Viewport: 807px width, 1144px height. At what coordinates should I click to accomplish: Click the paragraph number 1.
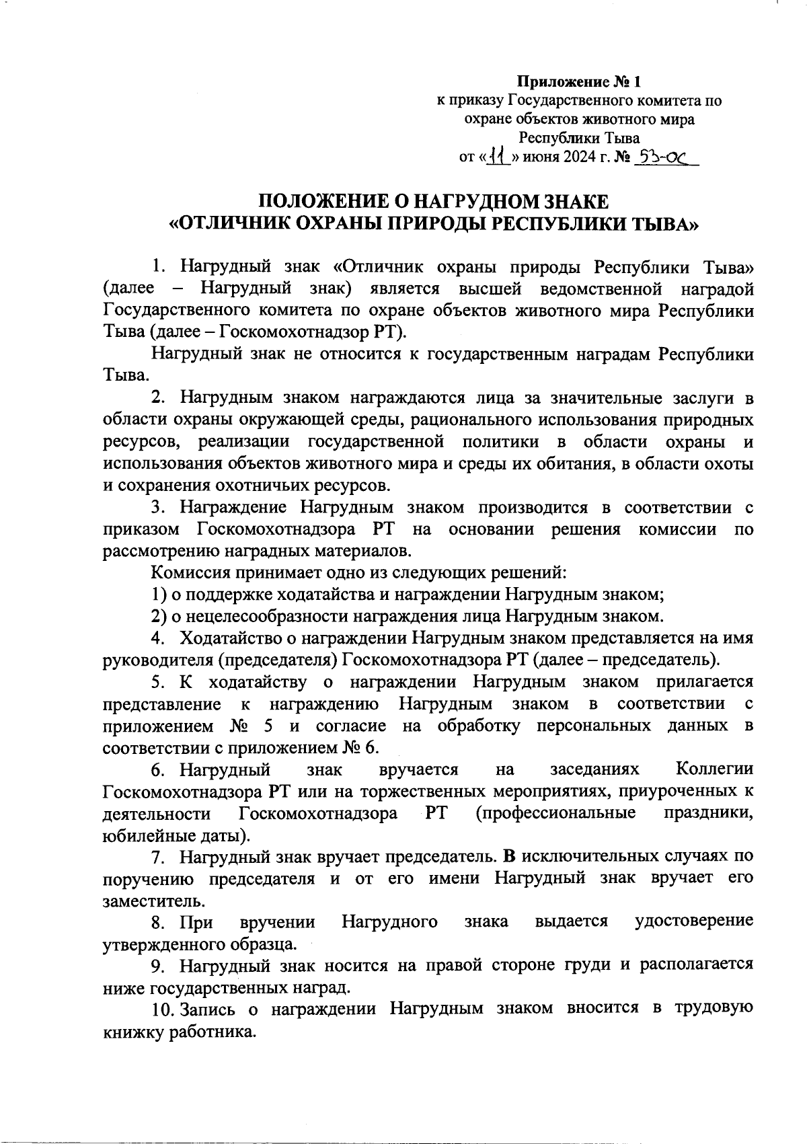click(157, 267)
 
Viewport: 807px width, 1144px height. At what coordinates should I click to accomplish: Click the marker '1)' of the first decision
click(159, 595)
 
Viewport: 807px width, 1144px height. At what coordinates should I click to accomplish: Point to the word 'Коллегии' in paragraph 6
click(714, 769)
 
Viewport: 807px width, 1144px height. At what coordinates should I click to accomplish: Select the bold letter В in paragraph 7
click(509, 857)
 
